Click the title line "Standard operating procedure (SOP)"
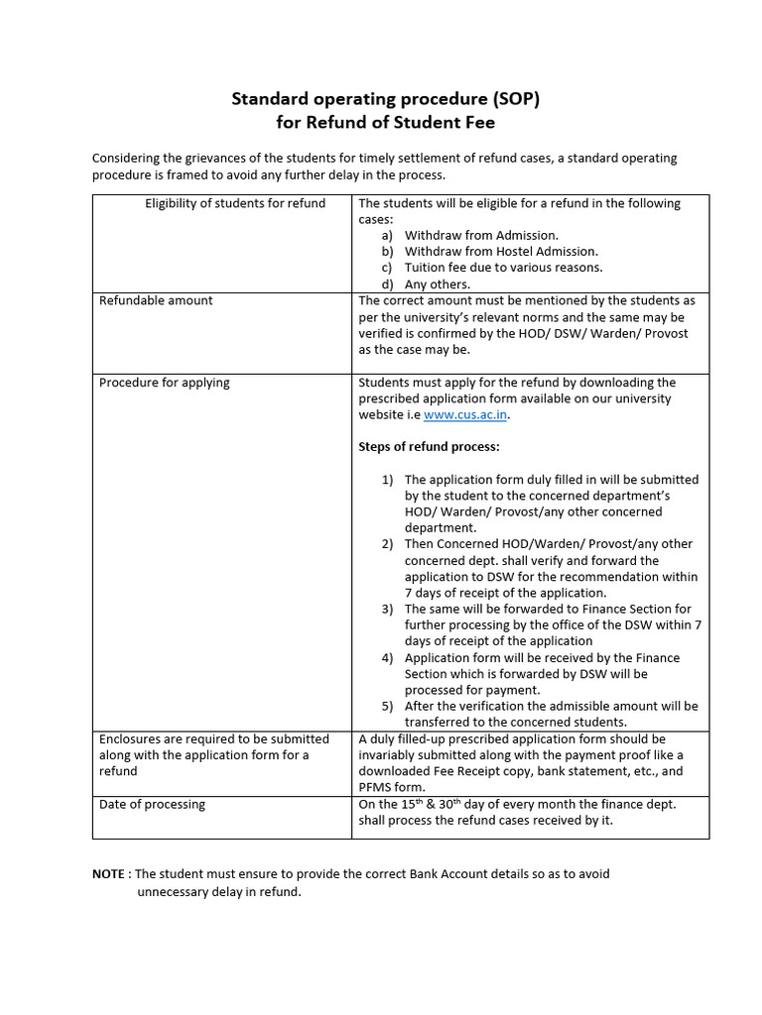(385, 99)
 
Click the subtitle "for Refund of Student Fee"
(385, 123)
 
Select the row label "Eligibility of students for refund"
(235, 203)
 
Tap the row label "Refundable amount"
(156, 300)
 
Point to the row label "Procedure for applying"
(165, 383)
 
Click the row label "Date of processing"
(152, 804)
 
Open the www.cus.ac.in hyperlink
(465, 415)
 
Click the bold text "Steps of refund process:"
(429, 447)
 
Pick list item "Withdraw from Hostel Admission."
(501, 252)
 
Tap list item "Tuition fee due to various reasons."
(503, 268)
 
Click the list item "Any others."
(438, 284)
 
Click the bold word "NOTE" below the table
(109, 874)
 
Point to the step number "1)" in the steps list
(388, 480)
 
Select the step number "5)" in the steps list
(388, 707)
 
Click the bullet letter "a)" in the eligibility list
(387, 236)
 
